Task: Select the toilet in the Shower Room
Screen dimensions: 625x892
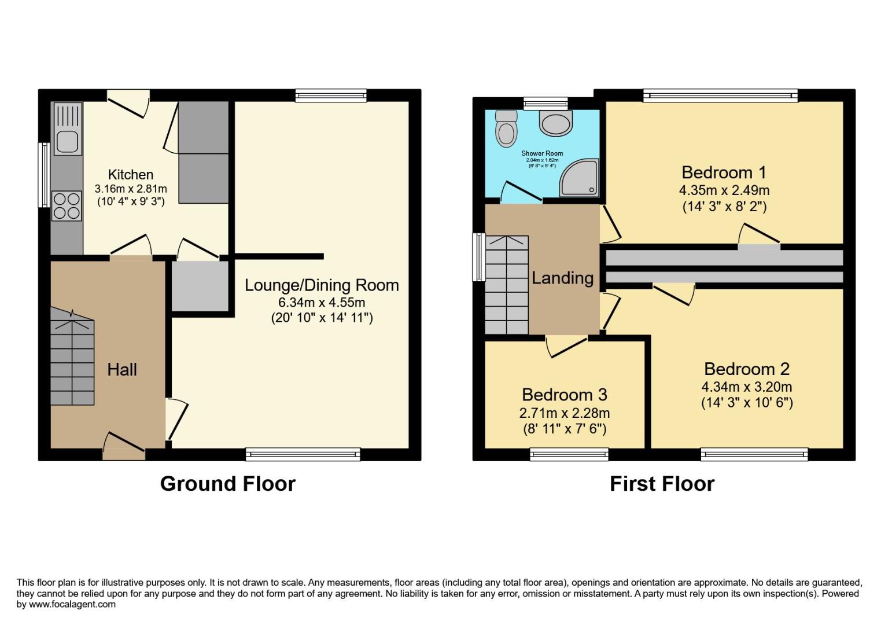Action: click(506, 129)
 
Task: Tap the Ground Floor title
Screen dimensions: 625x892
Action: click(227, 484)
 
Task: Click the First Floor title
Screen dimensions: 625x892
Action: click(662, 484)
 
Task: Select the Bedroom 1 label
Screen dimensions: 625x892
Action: click(724, 172)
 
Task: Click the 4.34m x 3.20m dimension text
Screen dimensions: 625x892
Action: click(746, 387)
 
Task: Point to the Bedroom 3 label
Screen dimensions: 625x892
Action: click(564, 395)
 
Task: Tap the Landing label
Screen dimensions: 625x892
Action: click(562, 278)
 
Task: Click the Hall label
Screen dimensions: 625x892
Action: click(122, 370)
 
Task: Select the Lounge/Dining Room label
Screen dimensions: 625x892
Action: click(322, 285)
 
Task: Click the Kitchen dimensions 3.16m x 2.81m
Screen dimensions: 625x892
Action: click(131, 189)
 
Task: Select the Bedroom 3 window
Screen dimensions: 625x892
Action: click(569, 455)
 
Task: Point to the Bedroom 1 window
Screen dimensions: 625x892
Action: click(720, 95)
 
